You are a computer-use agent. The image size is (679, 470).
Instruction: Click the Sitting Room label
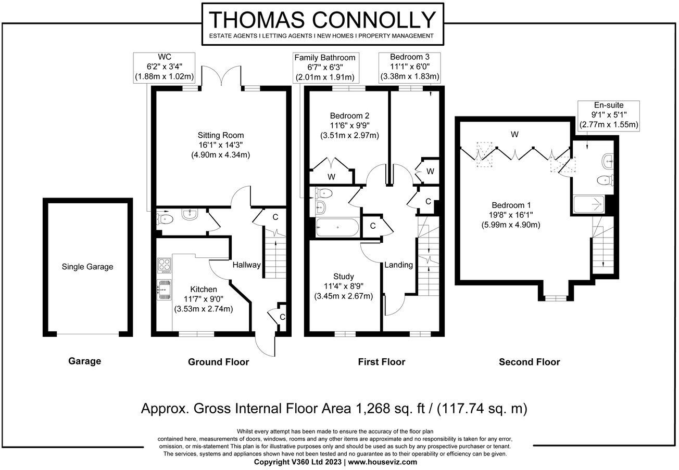[220, 135]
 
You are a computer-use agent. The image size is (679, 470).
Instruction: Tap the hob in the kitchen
[165, 266]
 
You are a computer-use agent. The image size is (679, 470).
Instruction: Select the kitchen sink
[164, 290]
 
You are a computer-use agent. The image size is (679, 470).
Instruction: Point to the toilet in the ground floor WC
[165, 218]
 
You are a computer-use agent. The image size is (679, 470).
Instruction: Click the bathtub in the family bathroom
[337, 227]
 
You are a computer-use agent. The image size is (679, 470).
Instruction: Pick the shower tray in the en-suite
[589, 204]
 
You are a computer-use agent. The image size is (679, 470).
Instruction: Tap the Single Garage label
[87, 267]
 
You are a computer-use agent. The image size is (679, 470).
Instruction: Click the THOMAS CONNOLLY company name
[322, 20]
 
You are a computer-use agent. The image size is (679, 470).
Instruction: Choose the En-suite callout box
[609, 115]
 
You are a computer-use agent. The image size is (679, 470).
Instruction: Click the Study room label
[344, 276]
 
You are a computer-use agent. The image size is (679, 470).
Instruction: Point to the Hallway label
[246, 265]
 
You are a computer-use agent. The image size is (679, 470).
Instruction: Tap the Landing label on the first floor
[399, 265]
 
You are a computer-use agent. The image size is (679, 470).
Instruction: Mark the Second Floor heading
[529, 362]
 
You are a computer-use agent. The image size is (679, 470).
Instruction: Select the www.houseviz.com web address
[383, 462]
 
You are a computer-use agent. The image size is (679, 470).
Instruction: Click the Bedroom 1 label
[511, 205]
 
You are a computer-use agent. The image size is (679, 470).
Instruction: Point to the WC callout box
[164, 67]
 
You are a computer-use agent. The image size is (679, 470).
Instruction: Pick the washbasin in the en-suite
[608, 161]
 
